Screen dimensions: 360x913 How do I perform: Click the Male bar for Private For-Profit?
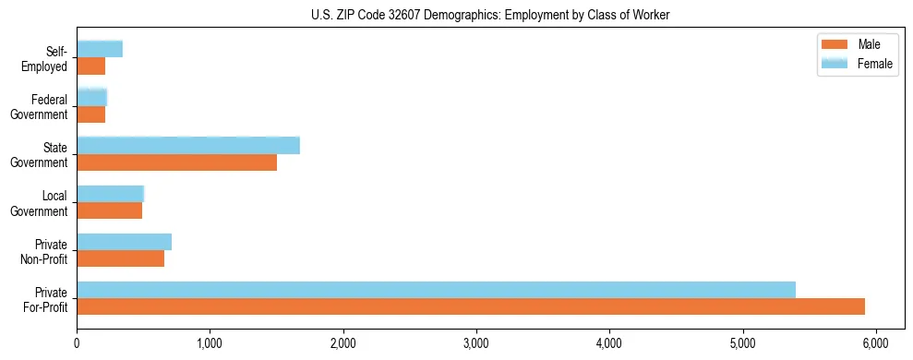click(x=471, y=306)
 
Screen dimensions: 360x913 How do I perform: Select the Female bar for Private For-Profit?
click(x=436, y=290)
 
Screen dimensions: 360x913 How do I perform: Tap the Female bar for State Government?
click(x=188, y=145)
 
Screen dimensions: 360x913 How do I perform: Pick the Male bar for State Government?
click(x=176, y=162)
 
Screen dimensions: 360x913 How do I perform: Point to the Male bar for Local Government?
click(x=109, y=210)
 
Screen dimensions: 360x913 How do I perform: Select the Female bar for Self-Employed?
click(x=100, y=49)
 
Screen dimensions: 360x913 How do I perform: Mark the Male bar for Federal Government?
click(x=90, y=114)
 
